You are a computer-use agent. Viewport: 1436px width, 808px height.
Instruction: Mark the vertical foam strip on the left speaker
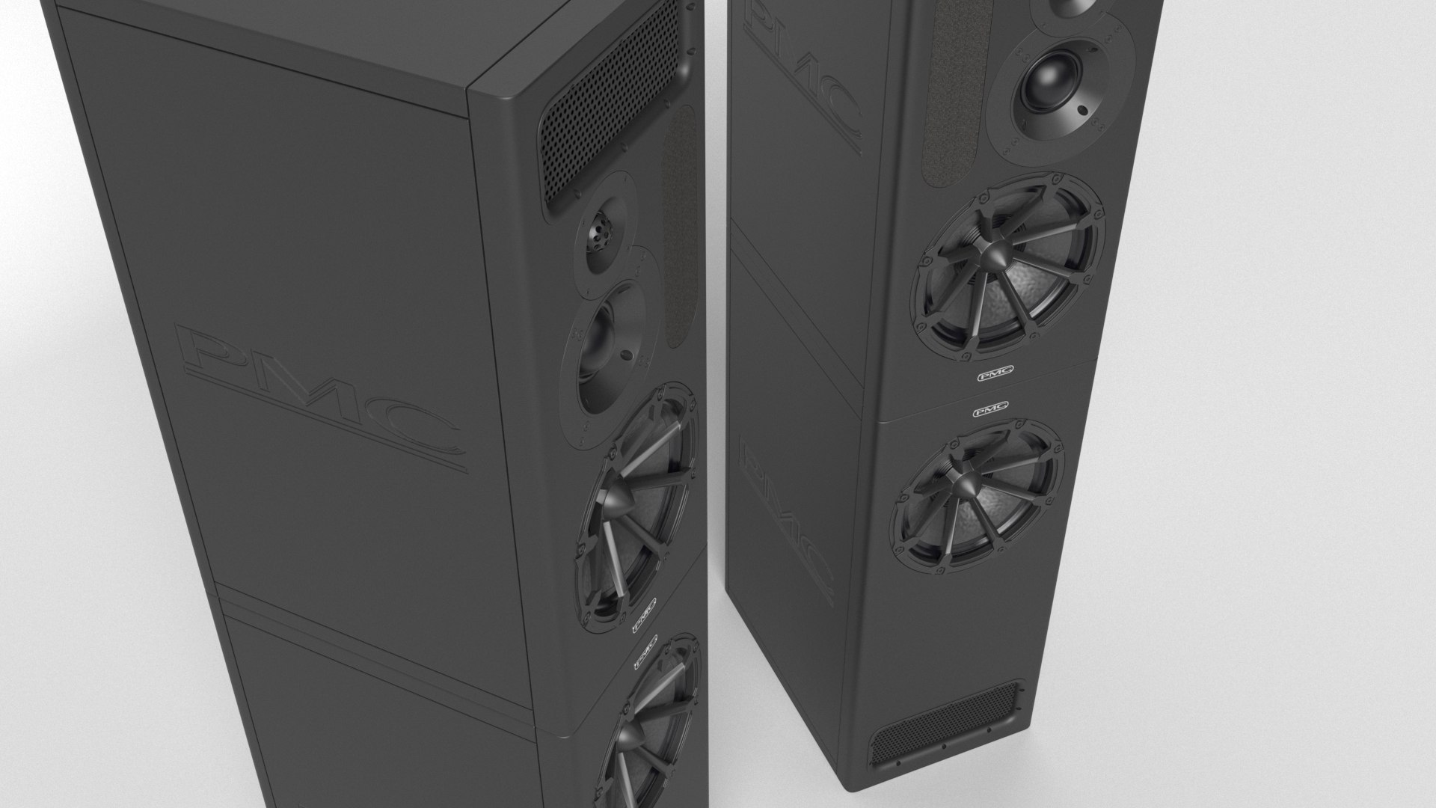pyautogui.click(x=680, y=224)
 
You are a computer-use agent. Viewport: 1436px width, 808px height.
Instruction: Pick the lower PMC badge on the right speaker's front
pyautogui.click(x=989, y=408)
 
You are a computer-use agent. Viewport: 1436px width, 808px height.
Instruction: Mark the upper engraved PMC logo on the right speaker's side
pyautogui.click(x=800, y=75)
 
